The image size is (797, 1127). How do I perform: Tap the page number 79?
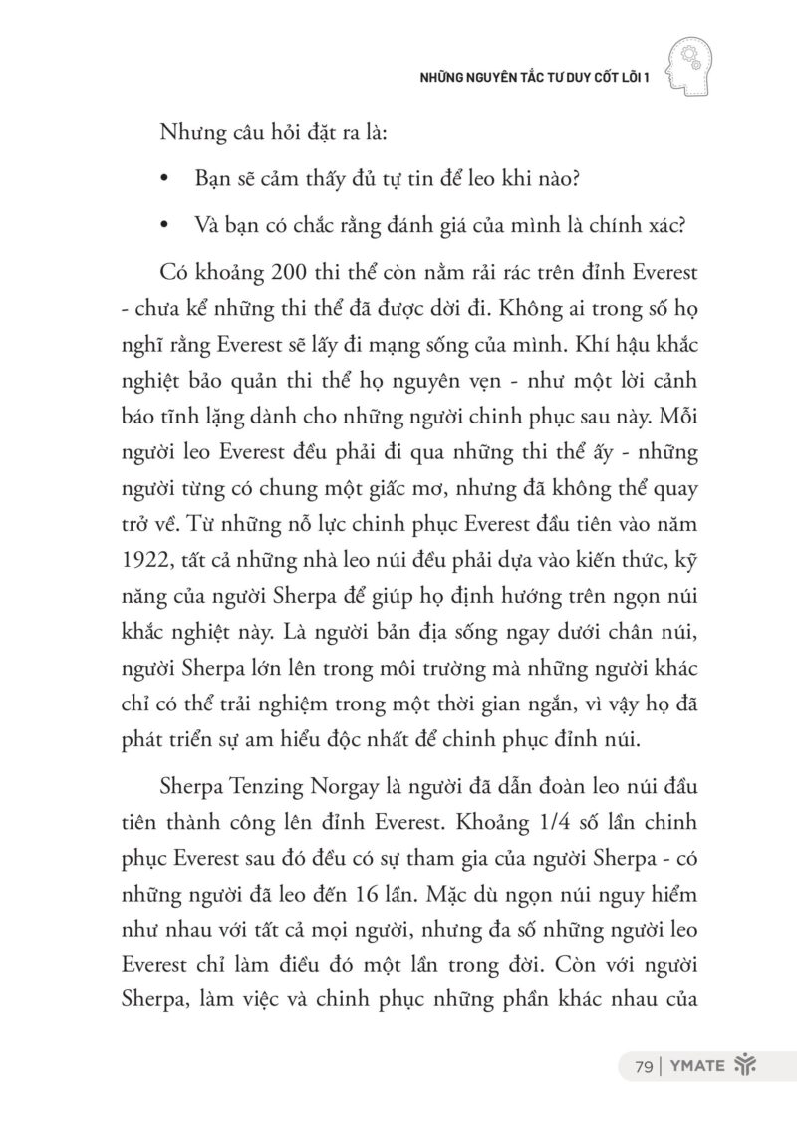coord(643,1068)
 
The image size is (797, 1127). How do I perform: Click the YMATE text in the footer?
coord(693,1068)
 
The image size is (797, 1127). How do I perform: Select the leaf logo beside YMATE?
coord(744,1067)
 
